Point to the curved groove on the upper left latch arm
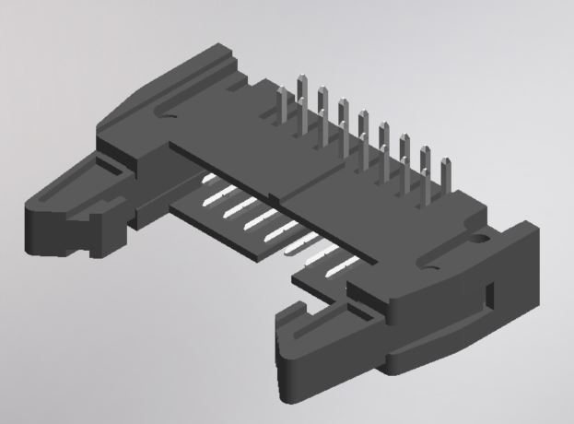(166, 115)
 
